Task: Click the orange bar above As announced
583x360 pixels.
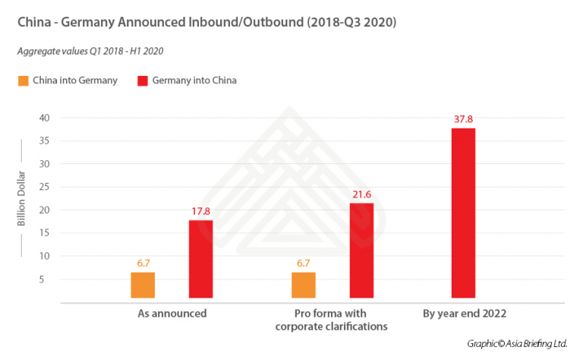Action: pyautogui.click(x=143, y=285)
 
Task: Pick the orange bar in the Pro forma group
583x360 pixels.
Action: pyautogui.click(x=304, y=285)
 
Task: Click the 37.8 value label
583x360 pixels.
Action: pyautogui.click(x=463, y=118)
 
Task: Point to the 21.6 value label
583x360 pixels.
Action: pyautogui.click(x=361, y=194)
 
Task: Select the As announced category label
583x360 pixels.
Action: pyautogui.click(x=172, y=313)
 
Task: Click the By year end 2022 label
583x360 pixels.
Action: pyautogui.click(x=463, y=313)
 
